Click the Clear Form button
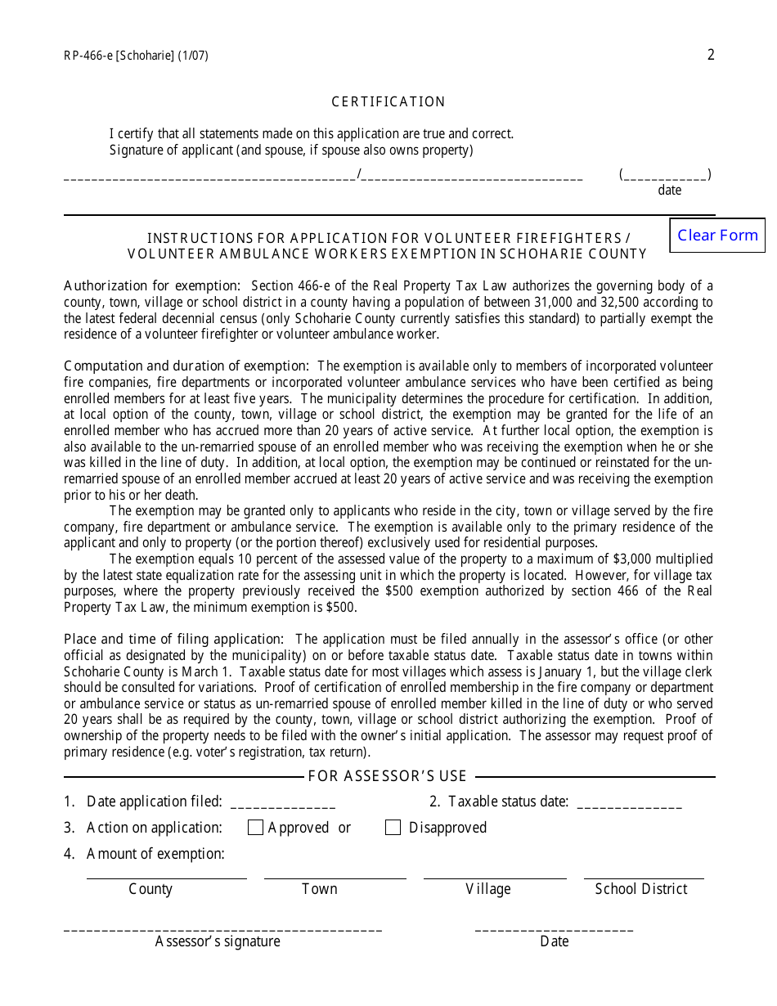pos(717,236)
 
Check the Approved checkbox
pos(255,828)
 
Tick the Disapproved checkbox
pos(393,828)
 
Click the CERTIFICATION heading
pos(388,102)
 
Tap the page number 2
pos(711,55)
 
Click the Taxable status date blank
pos(629,803)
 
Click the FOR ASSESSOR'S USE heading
pos(388,776)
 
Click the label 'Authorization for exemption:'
pos(152,285)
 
